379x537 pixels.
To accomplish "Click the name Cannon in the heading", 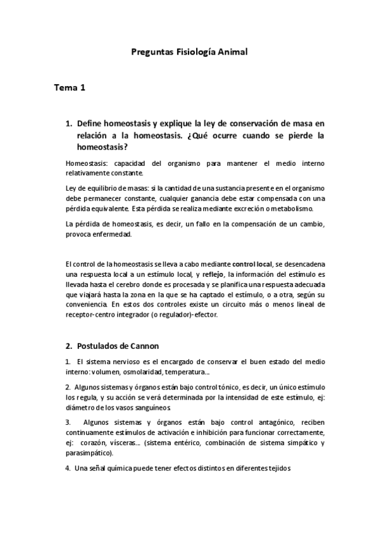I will pos(143,346).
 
